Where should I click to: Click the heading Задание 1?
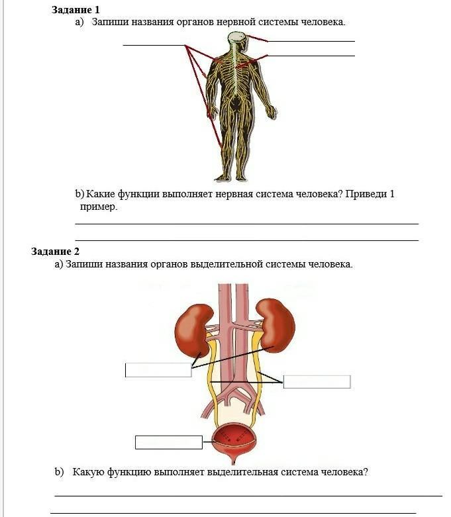pos(75,10)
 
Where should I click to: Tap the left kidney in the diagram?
pos(191,328)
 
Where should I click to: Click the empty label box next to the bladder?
pos(168,442)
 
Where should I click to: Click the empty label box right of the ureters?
pos(317,382)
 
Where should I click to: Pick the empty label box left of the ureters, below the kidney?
pos(158,370)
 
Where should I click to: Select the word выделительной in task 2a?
pos(226,264)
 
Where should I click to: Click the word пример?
pos(98,207)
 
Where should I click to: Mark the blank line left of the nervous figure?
pos(154,45)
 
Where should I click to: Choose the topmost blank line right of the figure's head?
pos(311,41)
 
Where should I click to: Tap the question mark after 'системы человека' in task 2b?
pos(366,473)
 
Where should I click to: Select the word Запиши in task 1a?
pos(107,22)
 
